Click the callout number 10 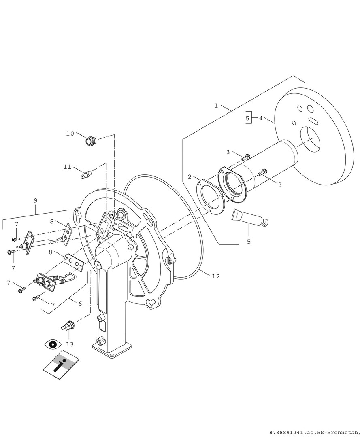[70, 134]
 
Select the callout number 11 [68, 167]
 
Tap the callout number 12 [216, 276]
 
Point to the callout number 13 [70, 344]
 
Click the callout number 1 [216, 105]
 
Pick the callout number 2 [190, 177]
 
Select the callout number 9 [35, 200]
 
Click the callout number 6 [80, 304]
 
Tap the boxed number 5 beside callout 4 [247, 118]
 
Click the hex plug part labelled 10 [91, 141]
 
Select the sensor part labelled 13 [68, 326]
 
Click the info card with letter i [61, 365]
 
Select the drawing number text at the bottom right [314, 432]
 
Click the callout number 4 [261, 118]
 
